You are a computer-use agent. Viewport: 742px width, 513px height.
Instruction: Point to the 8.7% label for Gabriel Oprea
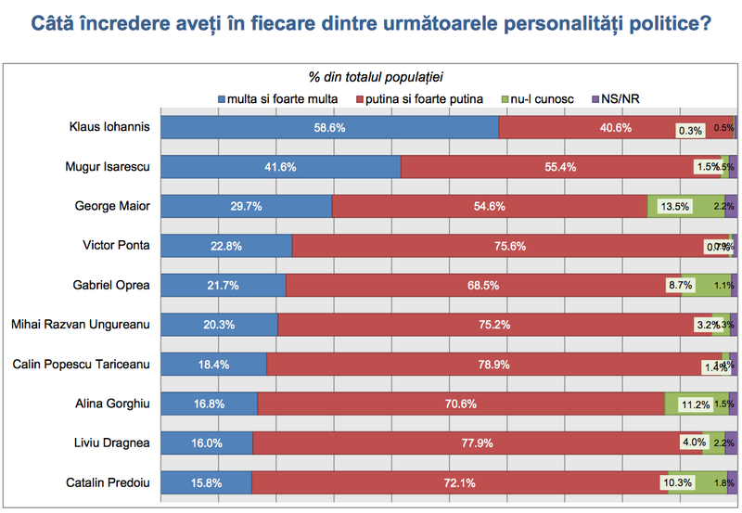pos(680,285)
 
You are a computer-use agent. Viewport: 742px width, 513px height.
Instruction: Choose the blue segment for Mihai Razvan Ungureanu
pos(220,325)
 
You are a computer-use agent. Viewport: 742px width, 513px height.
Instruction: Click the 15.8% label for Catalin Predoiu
pos(206,482)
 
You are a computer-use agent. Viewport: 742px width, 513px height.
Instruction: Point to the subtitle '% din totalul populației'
pos(382,77)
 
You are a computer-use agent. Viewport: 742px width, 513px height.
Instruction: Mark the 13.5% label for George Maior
pos(674,206)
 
